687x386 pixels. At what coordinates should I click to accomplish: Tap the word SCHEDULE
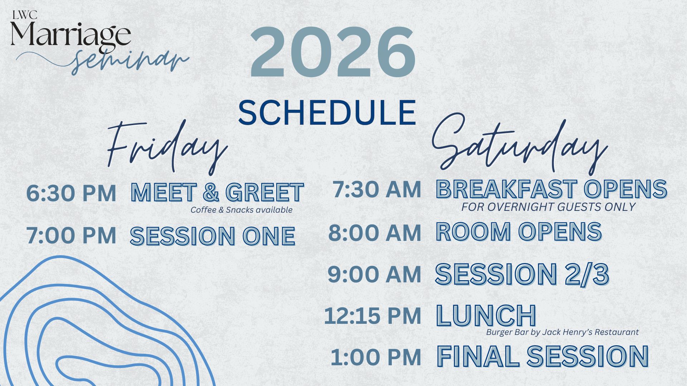click(x=327, y=112)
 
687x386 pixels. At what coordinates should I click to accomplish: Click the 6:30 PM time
click(x=71, y=193)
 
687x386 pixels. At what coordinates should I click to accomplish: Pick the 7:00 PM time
click(x=71, y=236)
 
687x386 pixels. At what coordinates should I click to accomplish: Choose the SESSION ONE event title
click(x=213, y=236)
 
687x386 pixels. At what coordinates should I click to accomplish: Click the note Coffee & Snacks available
click(x=242, y=210)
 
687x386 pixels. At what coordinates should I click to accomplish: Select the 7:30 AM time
click(x=377, y=189)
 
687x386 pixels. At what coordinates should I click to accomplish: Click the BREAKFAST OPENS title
click(x=551, y=189)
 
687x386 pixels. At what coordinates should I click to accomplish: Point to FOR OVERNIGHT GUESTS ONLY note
click(x=548, y=207)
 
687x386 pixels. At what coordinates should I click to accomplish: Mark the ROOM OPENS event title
click(x=519, y=232)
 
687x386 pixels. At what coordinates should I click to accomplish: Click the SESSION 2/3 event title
click(x=522, y=274)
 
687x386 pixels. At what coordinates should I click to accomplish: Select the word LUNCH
click(x=486, y=316)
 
